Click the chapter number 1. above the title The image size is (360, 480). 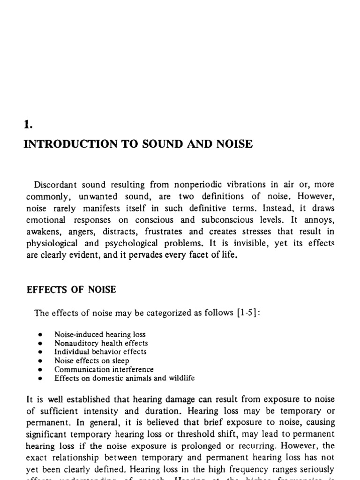coord(27,125)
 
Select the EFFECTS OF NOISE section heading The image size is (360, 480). coord(70,290)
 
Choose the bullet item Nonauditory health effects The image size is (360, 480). coord(101,343)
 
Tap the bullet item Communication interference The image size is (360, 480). coord(104,369)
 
